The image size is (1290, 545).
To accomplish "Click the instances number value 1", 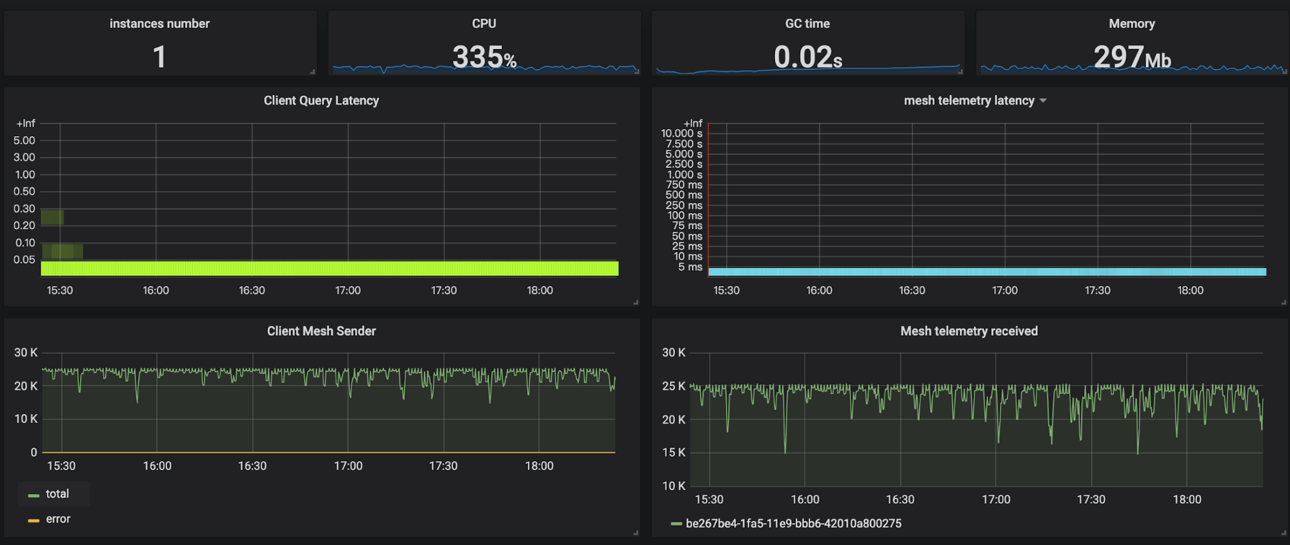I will [x=159, y=57].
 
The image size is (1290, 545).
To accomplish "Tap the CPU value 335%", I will [x=484, y=57].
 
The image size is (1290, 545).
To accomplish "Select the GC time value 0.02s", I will [x=807, y=57].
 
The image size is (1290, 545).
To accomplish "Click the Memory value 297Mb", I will [x=1132, y=57].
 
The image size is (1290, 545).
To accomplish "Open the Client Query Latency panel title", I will [x=321, y=101].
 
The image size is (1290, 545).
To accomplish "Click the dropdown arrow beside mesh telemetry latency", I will [x=1043, y=101].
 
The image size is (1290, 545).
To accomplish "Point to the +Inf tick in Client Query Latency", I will [x=26, y=123].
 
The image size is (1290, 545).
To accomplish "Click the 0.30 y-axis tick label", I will [x=25, y=209].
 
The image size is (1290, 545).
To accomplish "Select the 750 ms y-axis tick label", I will [x=684, y=185].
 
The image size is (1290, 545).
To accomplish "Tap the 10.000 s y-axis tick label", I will [x=681, y=134].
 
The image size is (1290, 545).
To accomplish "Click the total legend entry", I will [x=57, y=494].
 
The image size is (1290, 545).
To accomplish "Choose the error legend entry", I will [x=57, y=519].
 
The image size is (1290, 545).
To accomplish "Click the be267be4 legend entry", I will [x=793, y=524].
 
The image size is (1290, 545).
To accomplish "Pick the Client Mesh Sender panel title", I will [x=321, y=331].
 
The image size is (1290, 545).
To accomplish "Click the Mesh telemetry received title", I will [x=969, y=331].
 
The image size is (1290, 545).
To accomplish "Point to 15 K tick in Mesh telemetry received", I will [x=674, y=453].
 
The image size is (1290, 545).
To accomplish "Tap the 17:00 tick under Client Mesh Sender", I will [x=348, y=466].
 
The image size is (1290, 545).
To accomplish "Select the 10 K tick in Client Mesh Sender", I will [x=26, y=419].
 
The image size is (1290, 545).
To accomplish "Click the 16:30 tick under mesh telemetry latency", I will [x=912, y=291].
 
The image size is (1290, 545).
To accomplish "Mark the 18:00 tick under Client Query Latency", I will [x=539, y=291].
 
